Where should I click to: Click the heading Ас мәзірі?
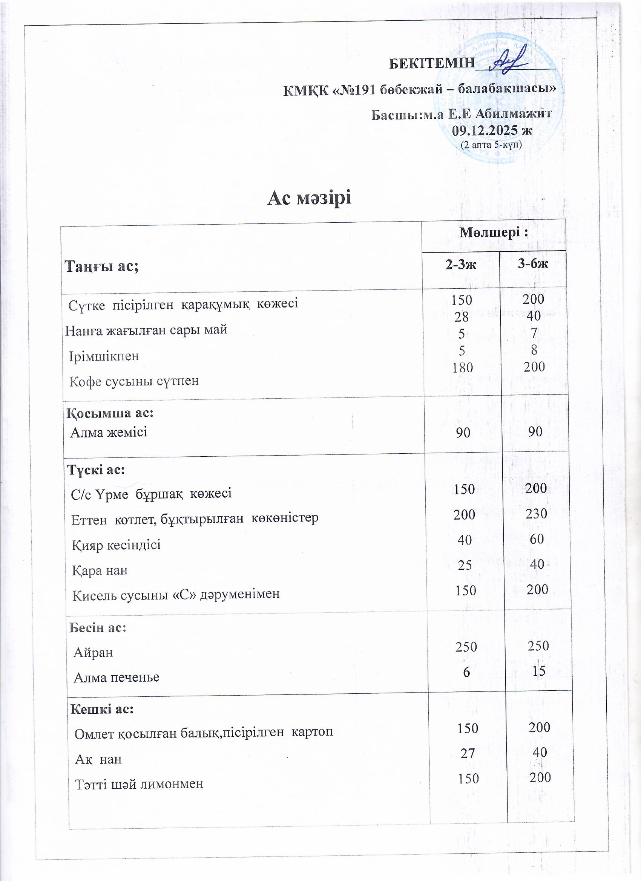310,199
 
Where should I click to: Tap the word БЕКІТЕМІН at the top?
432,63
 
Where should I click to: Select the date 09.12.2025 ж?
492,130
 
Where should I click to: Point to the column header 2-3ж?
461,265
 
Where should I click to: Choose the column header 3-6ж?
532,264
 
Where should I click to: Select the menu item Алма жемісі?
109,432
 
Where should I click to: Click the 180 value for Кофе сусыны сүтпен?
462,367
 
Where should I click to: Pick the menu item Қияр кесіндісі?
116,545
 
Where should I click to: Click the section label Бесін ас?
98,628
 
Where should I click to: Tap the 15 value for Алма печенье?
539,671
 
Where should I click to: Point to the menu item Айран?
93,653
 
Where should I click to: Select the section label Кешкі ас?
102,709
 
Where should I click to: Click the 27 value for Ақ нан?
467,753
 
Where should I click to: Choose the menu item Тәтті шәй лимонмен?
139,784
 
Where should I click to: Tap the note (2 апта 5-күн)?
491,145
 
